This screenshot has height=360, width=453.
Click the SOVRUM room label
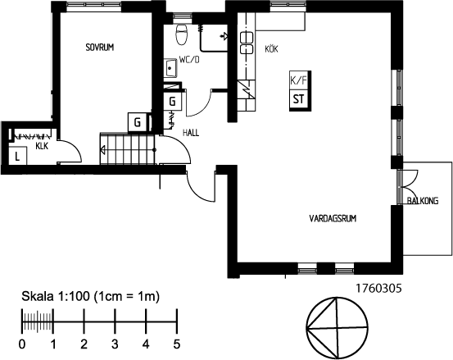tap(100, 47)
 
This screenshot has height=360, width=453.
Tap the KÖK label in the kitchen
tap(271, 49)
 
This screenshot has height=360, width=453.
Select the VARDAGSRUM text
tap(333, 218)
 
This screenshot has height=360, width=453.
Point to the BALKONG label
tap(423, 200)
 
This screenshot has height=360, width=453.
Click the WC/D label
tap(189, 60)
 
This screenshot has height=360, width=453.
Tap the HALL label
tap(191, 133)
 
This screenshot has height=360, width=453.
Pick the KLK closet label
tap(42, 146)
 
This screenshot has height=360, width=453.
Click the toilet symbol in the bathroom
tap(181, 34)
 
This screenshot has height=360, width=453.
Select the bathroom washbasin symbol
tap(170, 68)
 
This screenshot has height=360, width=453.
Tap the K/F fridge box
tap(299, 80)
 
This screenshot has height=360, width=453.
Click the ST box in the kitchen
tap(299, 99)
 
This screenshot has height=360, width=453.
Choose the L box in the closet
tap(18, 156)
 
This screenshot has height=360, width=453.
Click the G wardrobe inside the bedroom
tap(138, 122)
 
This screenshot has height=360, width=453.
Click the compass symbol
tap(337, 328)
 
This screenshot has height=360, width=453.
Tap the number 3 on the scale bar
tap(115, 344)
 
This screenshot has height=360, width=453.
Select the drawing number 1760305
tap(378, 289)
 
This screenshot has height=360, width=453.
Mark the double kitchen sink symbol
tap(247, 43)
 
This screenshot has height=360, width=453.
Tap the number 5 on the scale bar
tap(177, 344)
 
